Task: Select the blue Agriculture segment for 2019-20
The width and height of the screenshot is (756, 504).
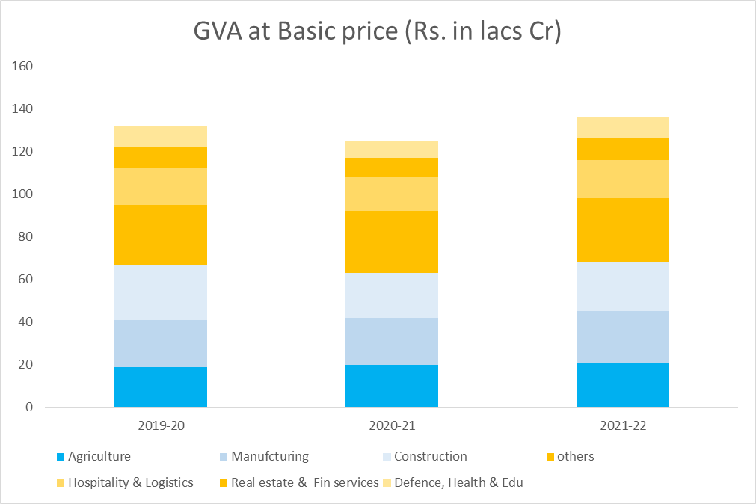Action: pos(161,387)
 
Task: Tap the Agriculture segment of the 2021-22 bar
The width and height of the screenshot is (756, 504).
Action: pos(623,384)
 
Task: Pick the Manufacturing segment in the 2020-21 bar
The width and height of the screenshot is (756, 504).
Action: pos(392,341)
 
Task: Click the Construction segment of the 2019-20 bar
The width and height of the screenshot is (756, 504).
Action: pos(161,292)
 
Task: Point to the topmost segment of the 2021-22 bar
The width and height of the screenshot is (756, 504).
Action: pos(623,128)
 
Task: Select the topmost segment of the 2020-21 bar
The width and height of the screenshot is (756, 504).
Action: pos(392,149)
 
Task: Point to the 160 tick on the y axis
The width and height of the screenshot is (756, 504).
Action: pos(23,67)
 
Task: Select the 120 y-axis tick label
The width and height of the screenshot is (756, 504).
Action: pos(23,152)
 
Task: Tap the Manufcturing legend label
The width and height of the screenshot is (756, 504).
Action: pos(269,456)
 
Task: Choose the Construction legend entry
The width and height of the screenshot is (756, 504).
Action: pos(430,456)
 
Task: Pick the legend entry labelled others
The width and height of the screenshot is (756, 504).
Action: pos(575,456)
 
